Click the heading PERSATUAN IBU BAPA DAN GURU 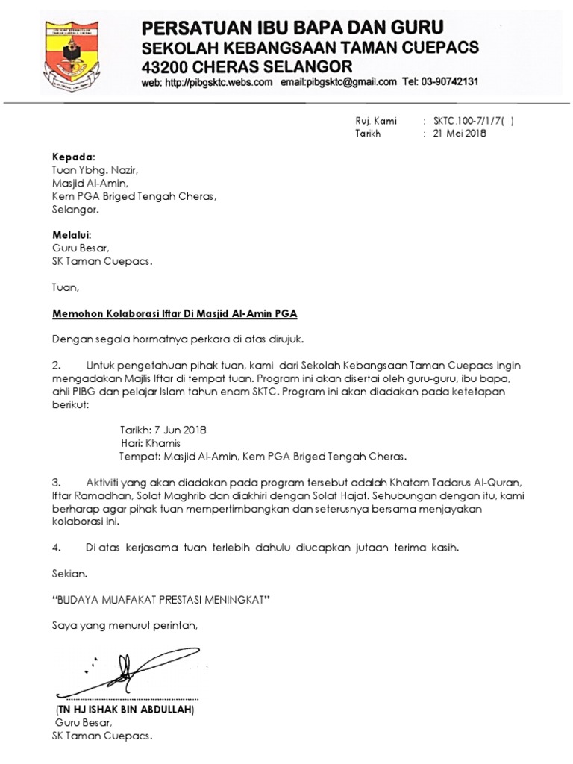pyautogui.click(x=292, y=29)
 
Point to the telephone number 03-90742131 pyautogui.click(x=440, y=83)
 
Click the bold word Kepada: pyautogui.click(x=74, y=157)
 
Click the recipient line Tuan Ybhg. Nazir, pyautogui.click(x=95, y=170)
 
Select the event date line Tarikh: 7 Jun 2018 pyautogui.click(x=163, y=430)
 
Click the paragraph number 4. pyautogui.click(x=56, y=548)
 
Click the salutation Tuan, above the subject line pyautogui.click(x=65, y=287)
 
